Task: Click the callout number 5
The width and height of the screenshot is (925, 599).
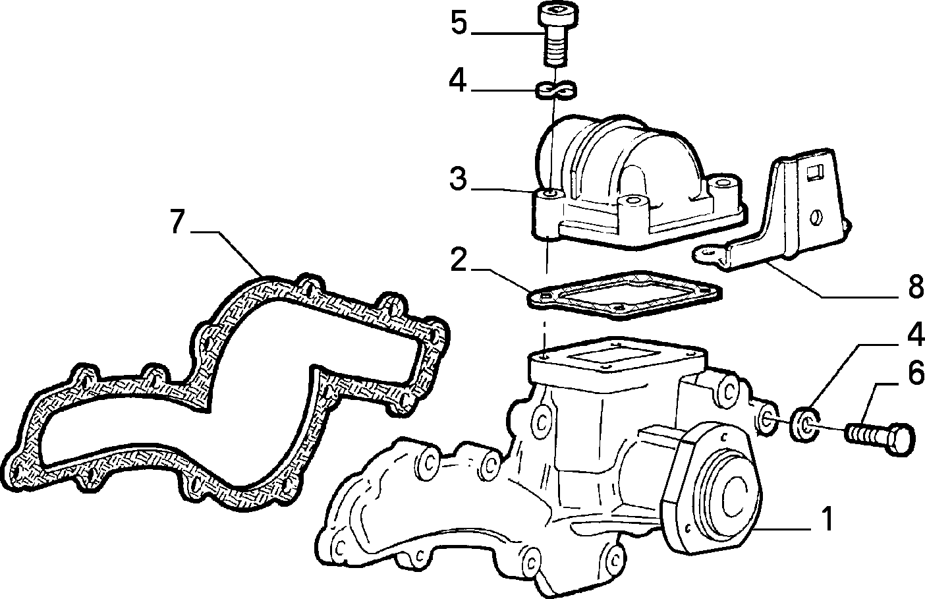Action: point(459,22)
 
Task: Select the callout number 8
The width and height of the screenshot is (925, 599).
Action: point(916,286)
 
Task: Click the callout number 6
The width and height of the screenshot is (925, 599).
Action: point(916,372)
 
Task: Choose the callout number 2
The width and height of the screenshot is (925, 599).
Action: point(459,260)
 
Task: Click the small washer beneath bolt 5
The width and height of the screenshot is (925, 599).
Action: point(556,90)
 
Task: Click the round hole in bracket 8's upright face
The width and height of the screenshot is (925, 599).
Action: point(816,217)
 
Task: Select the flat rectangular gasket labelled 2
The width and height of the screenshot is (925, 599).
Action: point(625,295)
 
